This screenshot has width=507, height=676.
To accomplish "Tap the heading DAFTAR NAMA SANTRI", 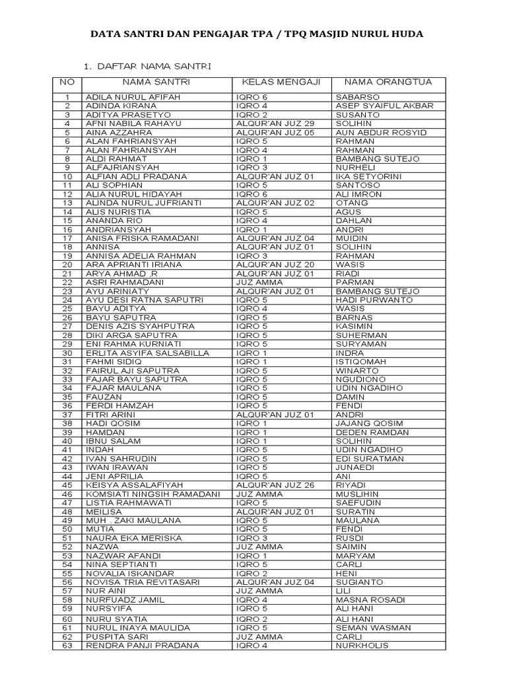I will click(x=153, y=67).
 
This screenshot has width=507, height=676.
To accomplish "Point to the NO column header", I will click(x=67, y=83).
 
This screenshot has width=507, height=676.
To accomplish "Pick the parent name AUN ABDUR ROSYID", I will click(x=381, y=133).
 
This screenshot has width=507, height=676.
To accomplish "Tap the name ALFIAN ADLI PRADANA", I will click(x=136, y=177).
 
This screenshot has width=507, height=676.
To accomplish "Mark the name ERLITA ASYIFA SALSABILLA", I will click(x=147, y=353).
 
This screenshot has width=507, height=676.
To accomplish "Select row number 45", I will click(x=67, y=485).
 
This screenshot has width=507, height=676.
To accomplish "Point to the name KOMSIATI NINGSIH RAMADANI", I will click(x=152, y=494).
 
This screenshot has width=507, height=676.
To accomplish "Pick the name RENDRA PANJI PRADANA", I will click(x=143, y=646).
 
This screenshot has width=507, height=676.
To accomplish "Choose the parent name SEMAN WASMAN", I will click(x=373, y=628).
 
